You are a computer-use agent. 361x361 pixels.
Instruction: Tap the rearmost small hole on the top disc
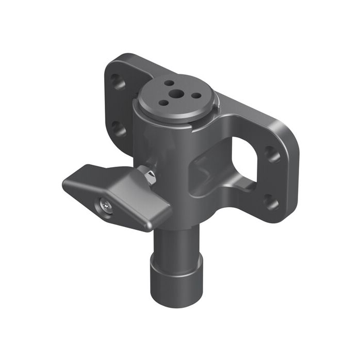click(x=169, y=83)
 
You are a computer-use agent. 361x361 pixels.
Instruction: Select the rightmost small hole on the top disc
click(x=196, y=94)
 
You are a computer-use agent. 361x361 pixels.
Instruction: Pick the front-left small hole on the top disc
click(x=163, y=103)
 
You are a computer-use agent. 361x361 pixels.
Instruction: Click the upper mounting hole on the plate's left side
click(x=119, y=82)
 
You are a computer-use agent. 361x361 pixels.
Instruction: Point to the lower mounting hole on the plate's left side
click(x=119, y=128)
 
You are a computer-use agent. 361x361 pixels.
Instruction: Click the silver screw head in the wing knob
click(x=107, y=207)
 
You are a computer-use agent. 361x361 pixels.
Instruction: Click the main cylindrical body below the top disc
click(x=165, y=150)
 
